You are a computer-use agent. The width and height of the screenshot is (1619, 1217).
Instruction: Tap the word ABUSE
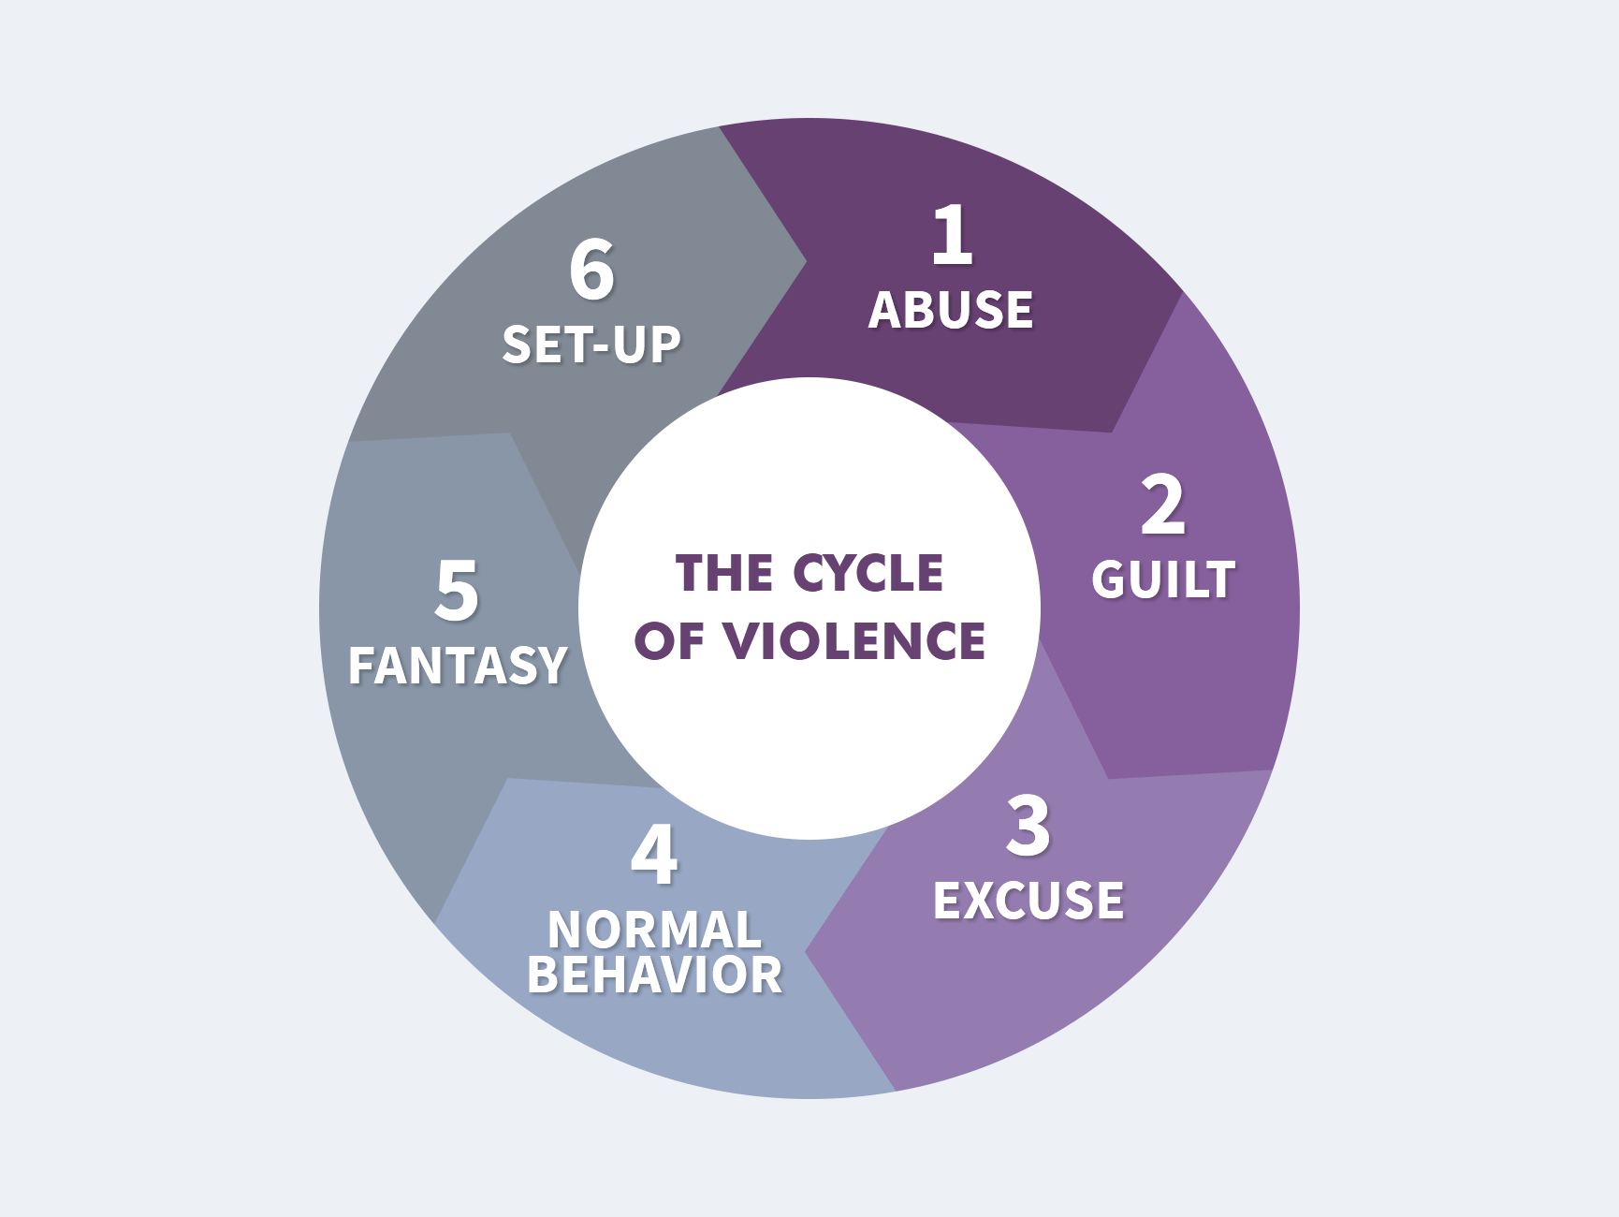coord(951,311)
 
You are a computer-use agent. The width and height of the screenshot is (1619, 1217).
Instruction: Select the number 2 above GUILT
coord(1163,506)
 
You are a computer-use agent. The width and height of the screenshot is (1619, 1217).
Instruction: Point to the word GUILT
coord(1163,579)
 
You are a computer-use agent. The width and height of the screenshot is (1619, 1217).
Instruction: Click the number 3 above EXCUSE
coord(1028,827)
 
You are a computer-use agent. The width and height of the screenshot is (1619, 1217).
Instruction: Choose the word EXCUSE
coord(1028,902)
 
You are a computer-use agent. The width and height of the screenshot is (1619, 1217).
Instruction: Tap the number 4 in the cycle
coord(654,855)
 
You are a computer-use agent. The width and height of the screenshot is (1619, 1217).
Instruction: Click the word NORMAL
coord(654,930)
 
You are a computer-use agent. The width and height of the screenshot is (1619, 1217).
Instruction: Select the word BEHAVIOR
coord(654,975)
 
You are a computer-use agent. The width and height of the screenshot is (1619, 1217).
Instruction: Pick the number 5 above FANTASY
coord(457,591)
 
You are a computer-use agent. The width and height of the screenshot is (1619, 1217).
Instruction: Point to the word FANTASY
coord(458,667)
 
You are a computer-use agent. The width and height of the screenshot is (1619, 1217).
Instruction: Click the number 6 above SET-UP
coord(591,271)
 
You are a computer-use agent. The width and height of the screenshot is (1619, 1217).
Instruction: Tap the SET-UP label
coord(591,345)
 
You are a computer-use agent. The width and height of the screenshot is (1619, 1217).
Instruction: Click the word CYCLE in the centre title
coord(868,573)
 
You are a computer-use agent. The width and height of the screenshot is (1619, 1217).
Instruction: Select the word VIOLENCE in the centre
coord(855,642)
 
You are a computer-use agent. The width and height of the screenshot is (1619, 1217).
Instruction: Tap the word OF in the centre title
coord(668,642)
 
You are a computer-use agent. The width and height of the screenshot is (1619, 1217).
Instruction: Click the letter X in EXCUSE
coord(984,902)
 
